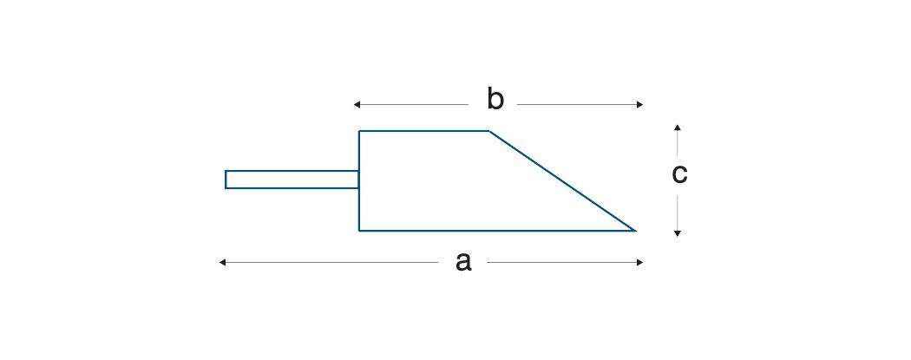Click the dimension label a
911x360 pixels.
click(x=463, y=261)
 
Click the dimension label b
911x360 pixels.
click(x=495, y=100)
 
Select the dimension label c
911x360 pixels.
click(x=679, y=174)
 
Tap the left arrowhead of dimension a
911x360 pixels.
click(x=223, y=262)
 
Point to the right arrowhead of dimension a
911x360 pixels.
click(x=639, y=262)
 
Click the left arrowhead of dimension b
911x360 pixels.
click(x=357, y=105)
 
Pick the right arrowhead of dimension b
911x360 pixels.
click(x=639, y=105)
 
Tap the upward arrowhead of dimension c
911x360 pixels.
click(x=678, y=128)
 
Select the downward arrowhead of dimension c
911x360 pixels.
click(x=678, y=233)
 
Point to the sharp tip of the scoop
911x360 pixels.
click(x=634, y=230)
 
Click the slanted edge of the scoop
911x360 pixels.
click(x=562, y=180)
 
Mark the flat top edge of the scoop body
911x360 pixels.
click(x=424, y=131)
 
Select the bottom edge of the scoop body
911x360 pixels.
click(x=495, y=231)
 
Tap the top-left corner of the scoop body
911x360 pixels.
click(x=360, y=131)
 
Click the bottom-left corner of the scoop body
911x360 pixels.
click(x=360, y=231)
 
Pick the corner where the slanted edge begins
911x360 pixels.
click(x=489, y=131)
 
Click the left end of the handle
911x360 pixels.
click(x=226, y=180)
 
